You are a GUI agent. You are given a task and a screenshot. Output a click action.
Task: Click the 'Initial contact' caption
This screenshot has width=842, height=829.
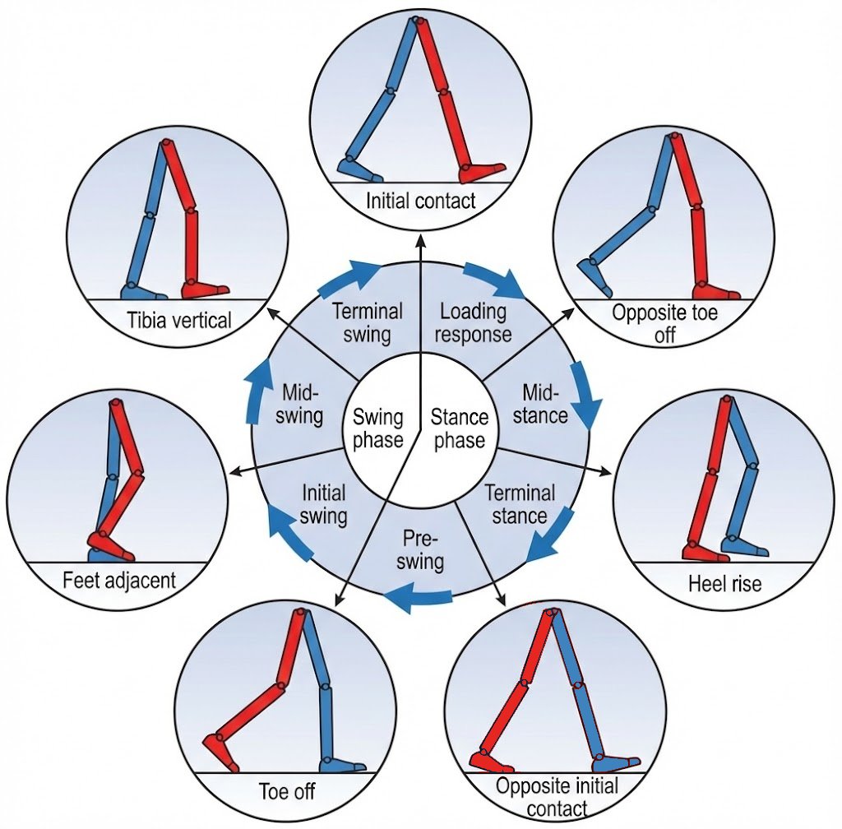420,201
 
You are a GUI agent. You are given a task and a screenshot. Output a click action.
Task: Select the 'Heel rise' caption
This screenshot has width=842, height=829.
724,584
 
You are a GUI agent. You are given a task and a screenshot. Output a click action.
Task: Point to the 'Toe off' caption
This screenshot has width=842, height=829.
286,793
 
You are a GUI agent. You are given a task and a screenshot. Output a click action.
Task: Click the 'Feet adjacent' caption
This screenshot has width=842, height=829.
119,580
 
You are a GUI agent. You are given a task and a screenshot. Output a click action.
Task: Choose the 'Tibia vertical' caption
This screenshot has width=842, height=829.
179,320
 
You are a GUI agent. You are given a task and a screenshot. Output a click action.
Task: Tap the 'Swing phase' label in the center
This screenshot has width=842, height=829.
378,428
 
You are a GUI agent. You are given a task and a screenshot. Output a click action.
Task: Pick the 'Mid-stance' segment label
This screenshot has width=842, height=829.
545,403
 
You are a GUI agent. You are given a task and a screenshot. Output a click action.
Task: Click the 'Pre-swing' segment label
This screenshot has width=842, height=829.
423,550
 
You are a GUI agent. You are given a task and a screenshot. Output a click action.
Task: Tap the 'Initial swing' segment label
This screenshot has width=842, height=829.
324,505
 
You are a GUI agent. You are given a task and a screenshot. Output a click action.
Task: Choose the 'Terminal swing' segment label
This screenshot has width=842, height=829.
367,322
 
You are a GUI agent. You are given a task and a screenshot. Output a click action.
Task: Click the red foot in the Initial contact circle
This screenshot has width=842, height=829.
482,171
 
